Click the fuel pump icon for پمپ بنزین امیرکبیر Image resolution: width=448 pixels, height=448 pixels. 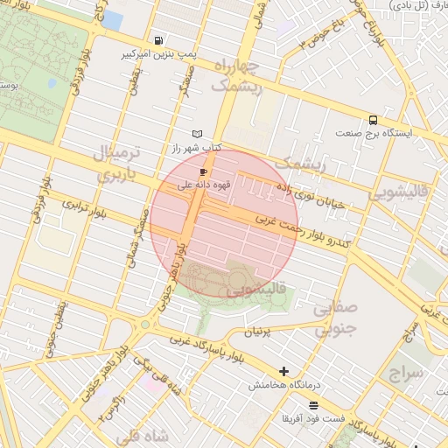tap(157, 39)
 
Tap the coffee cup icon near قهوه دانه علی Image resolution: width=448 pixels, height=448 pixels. tap(204, 172)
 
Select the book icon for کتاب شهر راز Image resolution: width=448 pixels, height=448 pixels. tap(198, 134)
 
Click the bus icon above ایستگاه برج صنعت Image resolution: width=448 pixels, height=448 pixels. tap(374, 120)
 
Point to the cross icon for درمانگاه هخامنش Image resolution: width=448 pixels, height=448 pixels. tap(283, 371)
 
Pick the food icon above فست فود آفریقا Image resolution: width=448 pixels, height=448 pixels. tap(313, 404)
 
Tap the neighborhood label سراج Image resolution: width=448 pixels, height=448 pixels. tap(404, 374)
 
